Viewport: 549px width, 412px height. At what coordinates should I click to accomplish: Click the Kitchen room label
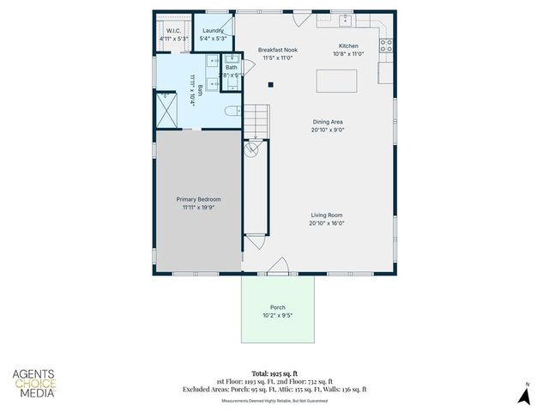click(347, 45)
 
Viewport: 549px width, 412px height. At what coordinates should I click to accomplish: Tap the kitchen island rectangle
click(337, 81)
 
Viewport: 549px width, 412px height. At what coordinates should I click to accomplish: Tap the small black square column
click(271, 84)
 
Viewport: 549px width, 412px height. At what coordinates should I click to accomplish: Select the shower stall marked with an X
click(165, 110)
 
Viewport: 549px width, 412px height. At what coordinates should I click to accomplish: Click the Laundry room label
click(213, 30)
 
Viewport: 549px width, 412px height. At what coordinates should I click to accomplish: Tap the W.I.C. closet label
click(172, 30)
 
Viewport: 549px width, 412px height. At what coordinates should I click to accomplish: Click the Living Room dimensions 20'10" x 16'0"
click(326, 223)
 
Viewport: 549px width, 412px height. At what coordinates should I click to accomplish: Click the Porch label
click(277, 307)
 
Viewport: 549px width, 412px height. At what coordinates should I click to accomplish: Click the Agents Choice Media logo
click(34, 383)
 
